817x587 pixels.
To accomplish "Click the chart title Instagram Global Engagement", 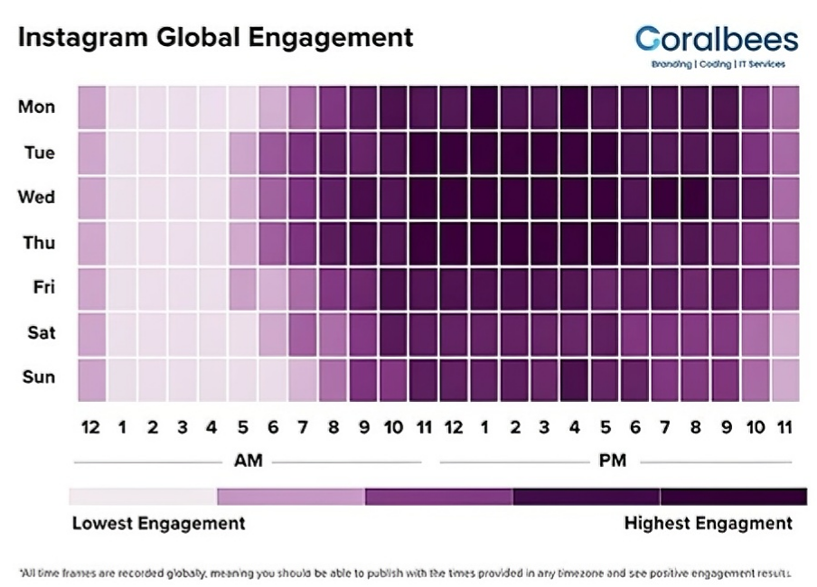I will tap(215, 38).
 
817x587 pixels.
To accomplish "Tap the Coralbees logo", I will tap(717, 45).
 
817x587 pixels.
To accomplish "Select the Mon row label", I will tap(36, 107).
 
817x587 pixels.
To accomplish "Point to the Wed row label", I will tap(36, 197).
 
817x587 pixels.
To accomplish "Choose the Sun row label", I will tap(38, 377).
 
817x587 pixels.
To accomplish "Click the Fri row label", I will tap(42, 287).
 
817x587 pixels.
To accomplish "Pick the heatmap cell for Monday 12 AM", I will tap(92, 107).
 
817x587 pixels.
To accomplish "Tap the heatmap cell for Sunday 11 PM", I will tap(785, 378).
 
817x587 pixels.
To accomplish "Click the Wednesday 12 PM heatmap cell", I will tap(454, 198).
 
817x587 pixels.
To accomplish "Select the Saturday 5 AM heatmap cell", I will tap(242, 333).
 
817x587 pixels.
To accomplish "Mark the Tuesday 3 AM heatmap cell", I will tap(183, 153).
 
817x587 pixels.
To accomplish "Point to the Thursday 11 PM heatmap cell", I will tap(785, 243).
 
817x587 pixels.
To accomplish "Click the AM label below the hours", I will tap(248, 461).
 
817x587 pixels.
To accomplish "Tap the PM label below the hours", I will tap(612, 461).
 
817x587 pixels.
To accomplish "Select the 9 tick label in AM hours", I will tap(363, 427).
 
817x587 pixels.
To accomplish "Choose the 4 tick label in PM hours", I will tap(575, 427).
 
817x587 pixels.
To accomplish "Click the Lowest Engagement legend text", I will tap(158, 524).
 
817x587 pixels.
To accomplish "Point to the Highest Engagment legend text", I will tap(708, 524).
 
